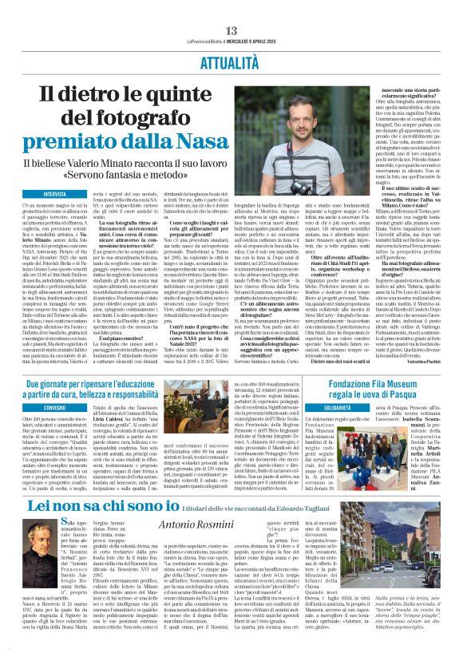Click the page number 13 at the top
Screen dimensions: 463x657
(x=231, y=8)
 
